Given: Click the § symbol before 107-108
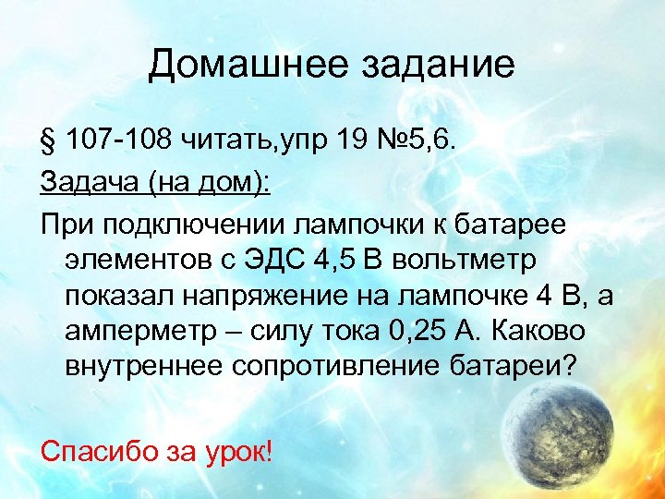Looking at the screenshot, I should click(x=50, y=139).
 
